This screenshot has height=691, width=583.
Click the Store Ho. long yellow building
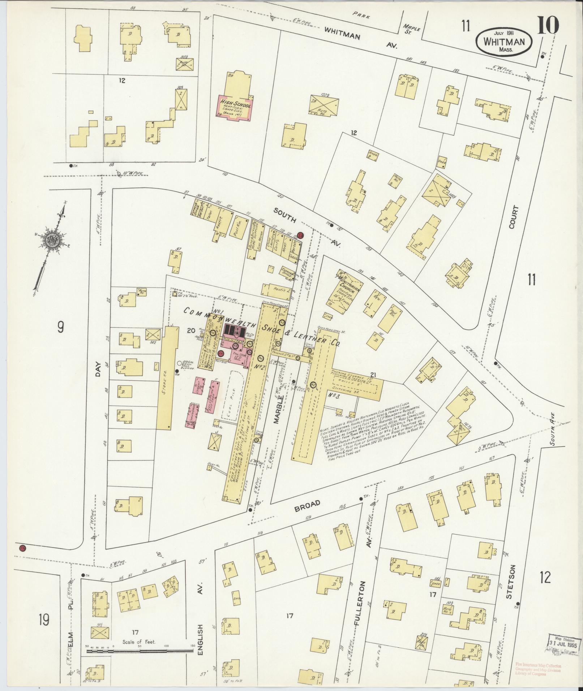pyautogui.click(x=167, y=377)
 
